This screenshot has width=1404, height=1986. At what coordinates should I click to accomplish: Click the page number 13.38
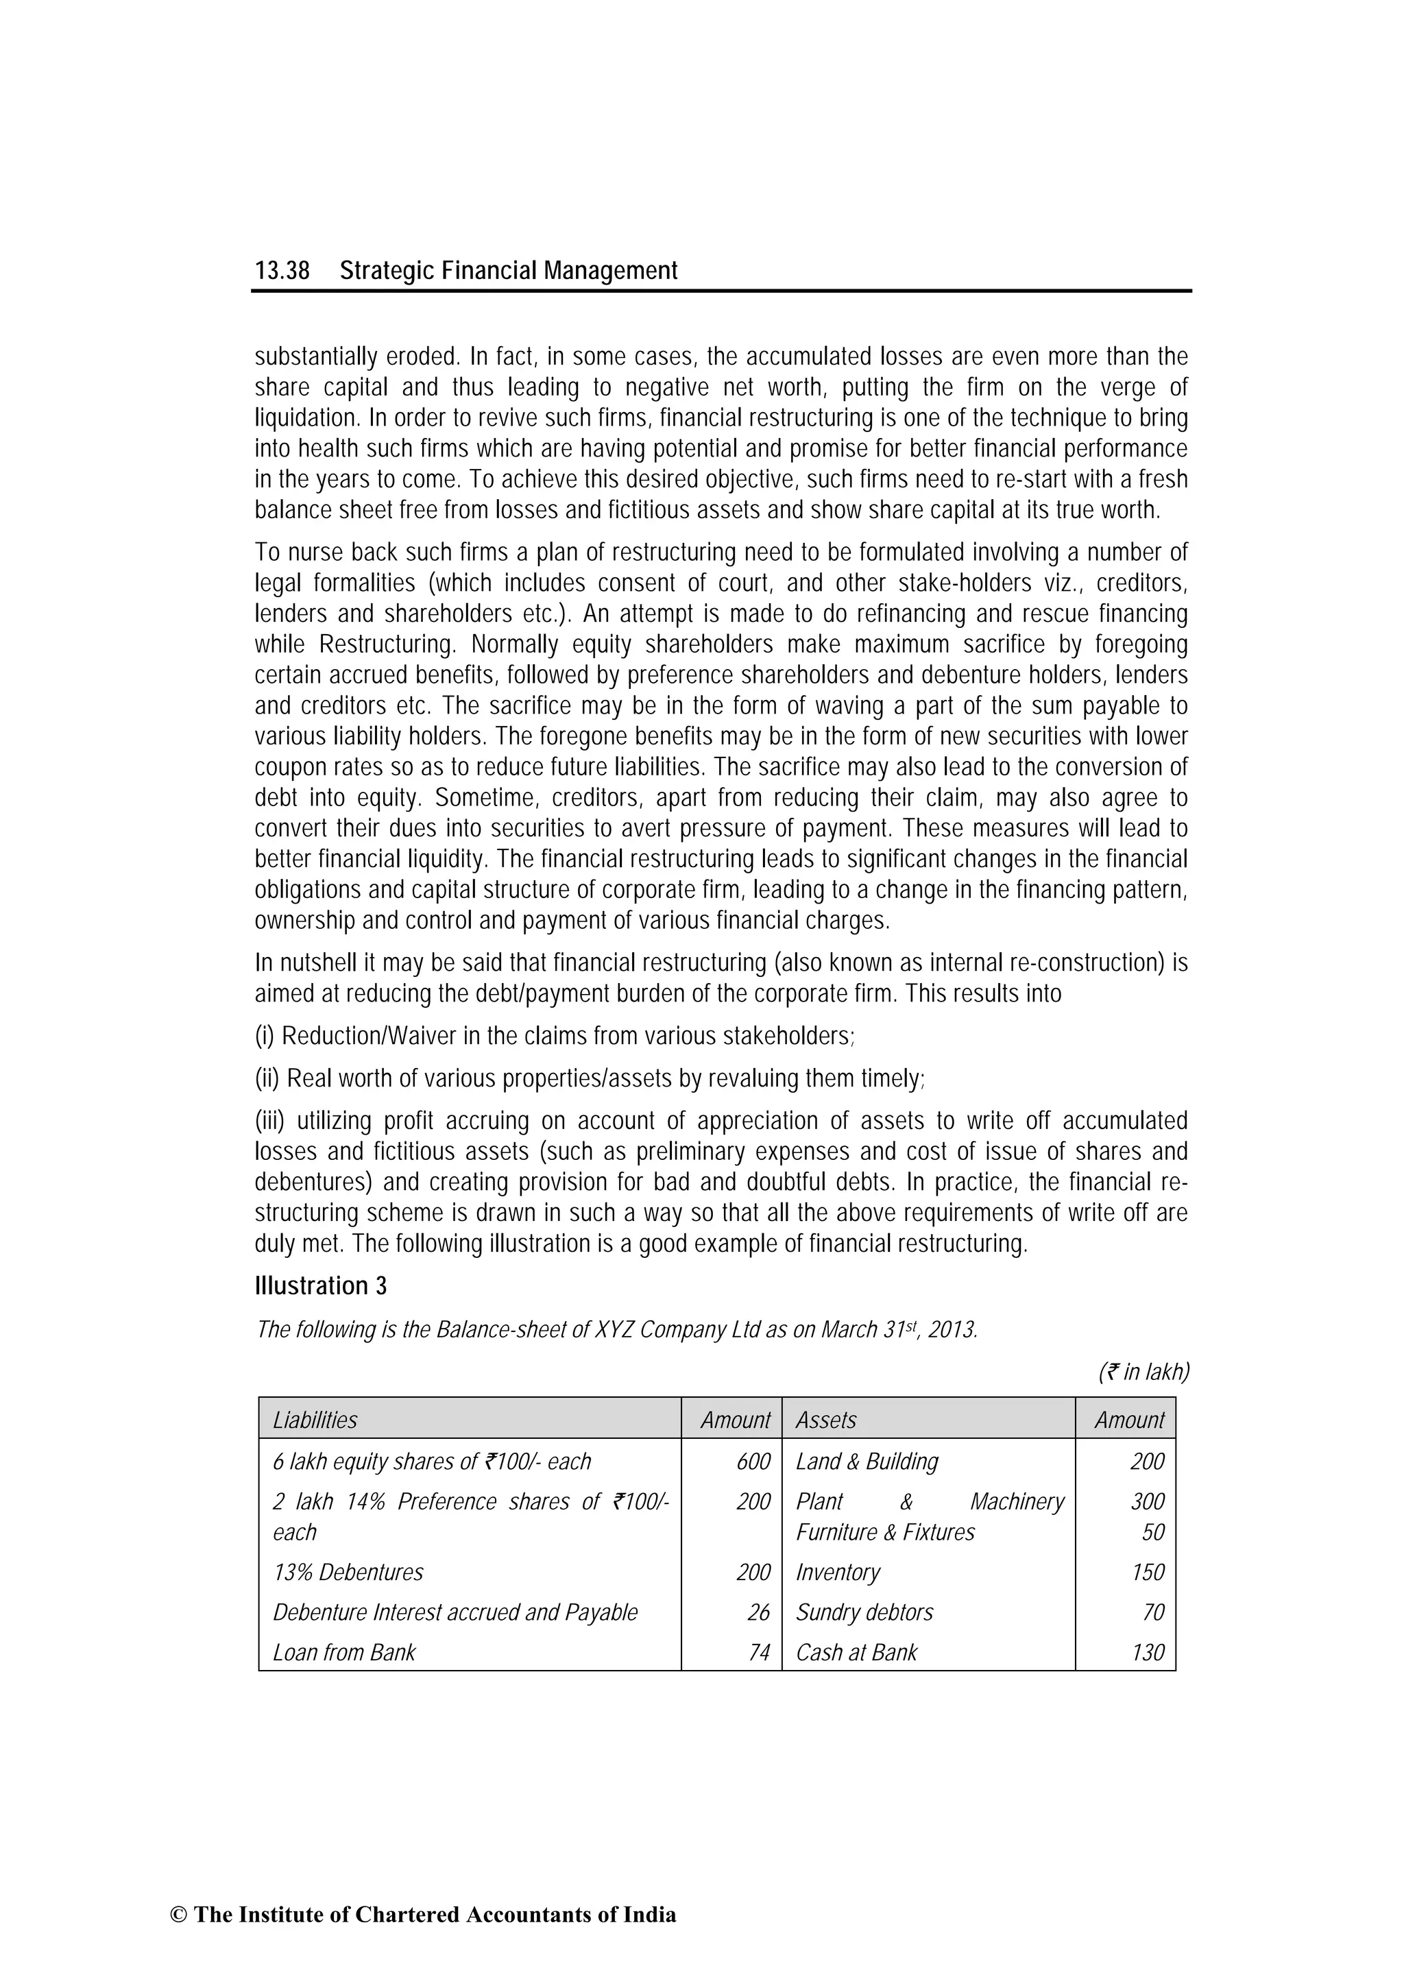[282, 271]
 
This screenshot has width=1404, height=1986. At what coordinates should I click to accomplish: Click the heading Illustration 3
[321, 1286]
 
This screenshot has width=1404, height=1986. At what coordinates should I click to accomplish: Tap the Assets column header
[826, 1420]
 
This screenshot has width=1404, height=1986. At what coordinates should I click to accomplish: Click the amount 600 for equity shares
[753, 1462]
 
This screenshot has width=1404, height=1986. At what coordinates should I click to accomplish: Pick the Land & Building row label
[867, 1462]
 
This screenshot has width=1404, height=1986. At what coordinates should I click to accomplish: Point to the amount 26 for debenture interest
[759, 1612]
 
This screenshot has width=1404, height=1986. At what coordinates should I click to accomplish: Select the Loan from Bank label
[344, 1653]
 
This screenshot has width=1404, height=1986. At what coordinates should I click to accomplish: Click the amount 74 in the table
[759, 1653]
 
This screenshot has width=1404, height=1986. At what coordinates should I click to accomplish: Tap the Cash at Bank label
[856, 1653]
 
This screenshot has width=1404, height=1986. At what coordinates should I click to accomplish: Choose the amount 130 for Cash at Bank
[1148, 1653]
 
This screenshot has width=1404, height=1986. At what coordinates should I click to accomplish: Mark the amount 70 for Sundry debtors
[1153, 1612]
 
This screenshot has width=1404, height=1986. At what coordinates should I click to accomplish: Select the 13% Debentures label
[349, 1573]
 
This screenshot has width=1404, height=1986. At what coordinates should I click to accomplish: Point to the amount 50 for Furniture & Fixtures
[1153, 1533]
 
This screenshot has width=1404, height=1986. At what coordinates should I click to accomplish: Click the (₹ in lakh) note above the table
[1143, 1372]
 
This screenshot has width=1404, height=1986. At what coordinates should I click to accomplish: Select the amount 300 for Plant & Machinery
[1148, 1501]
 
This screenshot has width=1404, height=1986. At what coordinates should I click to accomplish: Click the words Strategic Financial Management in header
[509, 271]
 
